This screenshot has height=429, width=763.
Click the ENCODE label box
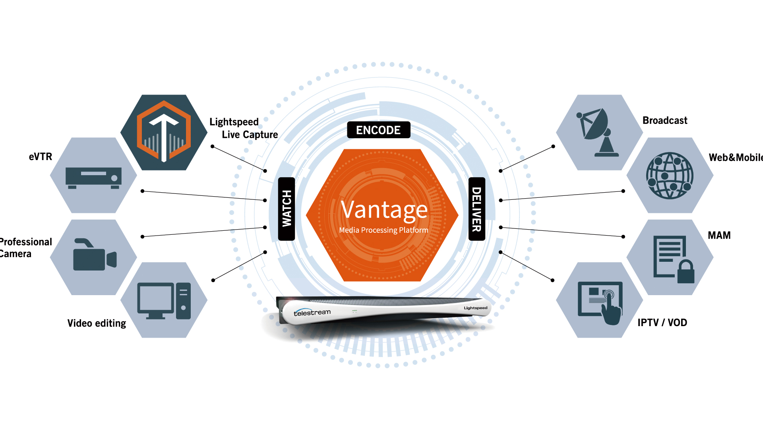[x=378, y=130]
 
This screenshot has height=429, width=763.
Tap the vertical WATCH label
[x=287, y=209]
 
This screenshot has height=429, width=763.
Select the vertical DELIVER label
[x=477, y=209]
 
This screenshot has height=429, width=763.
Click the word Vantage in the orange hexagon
[x=384, y=210]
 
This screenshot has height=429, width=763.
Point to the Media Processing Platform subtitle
[x=383, y=230]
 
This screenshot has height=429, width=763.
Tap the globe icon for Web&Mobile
[x=670, y=175]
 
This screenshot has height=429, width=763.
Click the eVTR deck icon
[x=93, y=178]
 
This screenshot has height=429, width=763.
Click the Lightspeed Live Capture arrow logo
[x=164, y=132]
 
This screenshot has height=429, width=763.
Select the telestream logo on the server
[x=312, y=313]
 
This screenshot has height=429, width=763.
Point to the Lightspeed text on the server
[x=475, y=308]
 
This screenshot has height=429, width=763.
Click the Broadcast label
[x=665, y=120]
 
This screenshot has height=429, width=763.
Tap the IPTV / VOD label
[x=662, y=323]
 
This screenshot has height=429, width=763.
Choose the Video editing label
[x=97, y=323]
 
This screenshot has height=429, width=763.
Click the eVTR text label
[x=41, y=157]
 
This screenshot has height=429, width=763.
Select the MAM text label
[x=719, y=235]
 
